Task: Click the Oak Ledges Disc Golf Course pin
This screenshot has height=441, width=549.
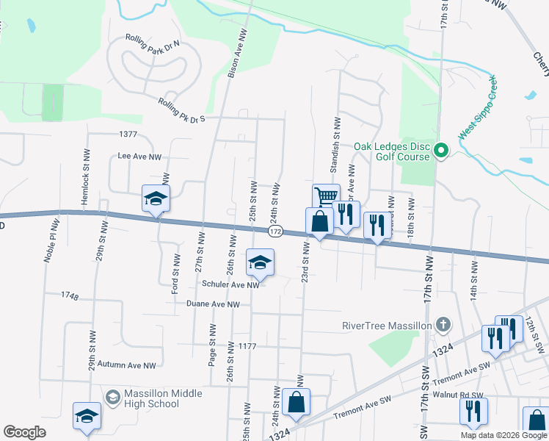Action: point(440,152)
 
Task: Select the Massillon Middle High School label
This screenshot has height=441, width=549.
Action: point(152,398)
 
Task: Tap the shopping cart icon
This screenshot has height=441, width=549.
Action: point(326,196)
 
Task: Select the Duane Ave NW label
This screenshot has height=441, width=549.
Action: point(213,304)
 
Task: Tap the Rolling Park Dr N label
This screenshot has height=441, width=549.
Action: point(152,43)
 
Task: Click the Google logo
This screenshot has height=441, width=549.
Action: point(24,432)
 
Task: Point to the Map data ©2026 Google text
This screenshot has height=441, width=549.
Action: point(503,435)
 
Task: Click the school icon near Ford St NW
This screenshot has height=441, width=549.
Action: point(156,198)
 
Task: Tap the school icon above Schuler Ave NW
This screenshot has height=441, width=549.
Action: point(260,262)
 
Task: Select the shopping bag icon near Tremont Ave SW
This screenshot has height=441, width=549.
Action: point(296,402)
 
